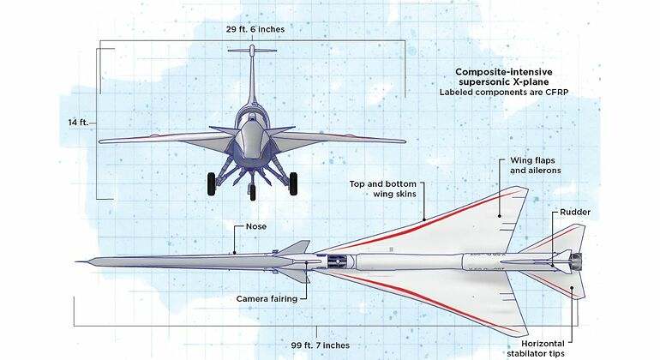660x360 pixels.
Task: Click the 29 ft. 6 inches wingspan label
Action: (x=255, y=29)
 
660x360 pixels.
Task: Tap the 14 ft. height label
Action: (x=78, y=123)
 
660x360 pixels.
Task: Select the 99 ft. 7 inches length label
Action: (x=321, y=345)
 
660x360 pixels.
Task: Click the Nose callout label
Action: (x=256, y=226)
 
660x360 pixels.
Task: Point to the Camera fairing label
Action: (x=267, y=299)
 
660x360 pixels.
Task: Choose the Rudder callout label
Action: (x=575, y=213)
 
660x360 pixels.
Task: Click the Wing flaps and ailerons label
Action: (x=536, y=165)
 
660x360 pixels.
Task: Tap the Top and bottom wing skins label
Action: (x=382, y=189)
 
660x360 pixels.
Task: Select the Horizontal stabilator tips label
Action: (x=536, y=349)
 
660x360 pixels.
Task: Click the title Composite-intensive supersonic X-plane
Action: (x=504, y=77)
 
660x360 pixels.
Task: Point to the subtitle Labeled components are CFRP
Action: (x=504, y=93)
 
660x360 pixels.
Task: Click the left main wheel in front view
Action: (x=212, y=184)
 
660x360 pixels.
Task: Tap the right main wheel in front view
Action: (x=293, y=184)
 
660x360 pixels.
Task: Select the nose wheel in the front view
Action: (x=253, y=192)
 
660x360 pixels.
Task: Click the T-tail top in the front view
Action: (x=252, y=51)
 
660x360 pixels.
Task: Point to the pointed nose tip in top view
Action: (x=76, y=262)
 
